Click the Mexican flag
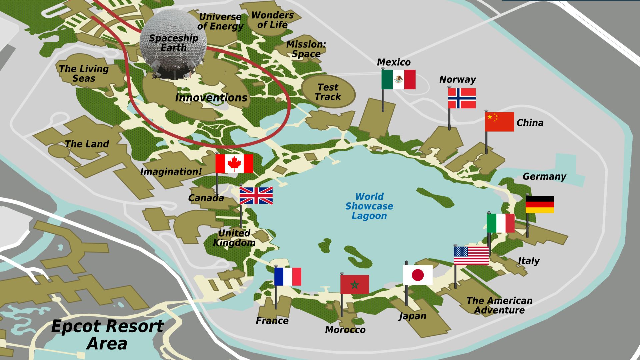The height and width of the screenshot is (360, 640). point(398,79)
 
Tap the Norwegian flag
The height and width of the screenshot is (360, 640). point(462,98)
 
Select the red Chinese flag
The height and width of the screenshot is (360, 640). point(499,122)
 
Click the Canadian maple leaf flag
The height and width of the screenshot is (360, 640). point(234,163)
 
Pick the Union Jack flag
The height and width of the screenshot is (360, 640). point(256,195)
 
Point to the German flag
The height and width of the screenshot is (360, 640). point(540,204)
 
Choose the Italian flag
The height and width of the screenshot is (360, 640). point(500,223)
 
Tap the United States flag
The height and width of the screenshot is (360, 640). point(471,256)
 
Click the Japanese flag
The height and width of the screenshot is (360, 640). point(418,275)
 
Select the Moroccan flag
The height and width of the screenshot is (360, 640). point(354,284)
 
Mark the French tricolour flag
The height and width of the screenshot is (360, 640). point(288,276)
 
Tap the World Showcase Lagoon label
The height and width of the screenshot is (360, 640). point(369,206)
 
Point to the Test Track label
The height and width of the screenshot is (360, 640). point(328,92)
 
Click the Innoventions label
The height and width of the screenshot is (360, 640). point(211,98)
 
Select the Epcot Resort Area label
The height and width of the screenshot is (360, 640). point(107,335)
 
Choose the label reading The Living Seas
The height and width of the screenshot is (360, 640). point(84,74)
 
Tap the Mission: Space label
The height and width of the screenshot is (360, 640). point(306,49)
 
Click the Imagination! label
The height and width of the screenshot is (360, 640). point(171,172)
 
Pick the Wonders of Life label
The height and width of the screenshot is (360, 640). point(272,20)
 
